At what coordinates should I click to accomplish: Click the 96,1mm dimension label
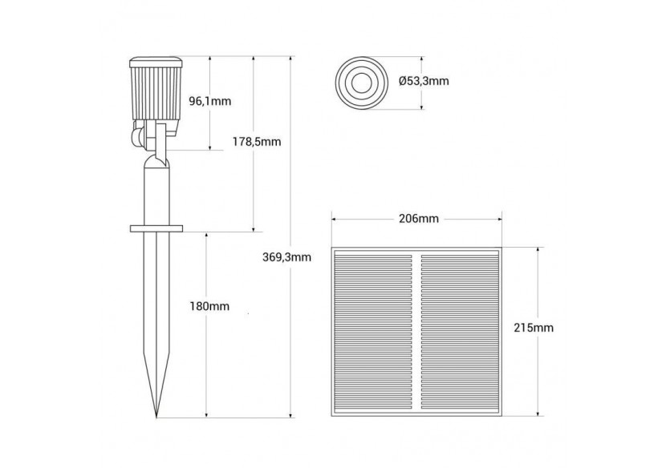(209, 102)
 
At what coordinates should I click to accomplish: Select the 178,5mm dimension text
(262, 142)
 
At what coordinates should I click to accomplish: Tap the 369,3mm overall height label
(286, 257)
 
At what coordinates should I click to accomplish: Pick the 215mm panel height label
(534, 328)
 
